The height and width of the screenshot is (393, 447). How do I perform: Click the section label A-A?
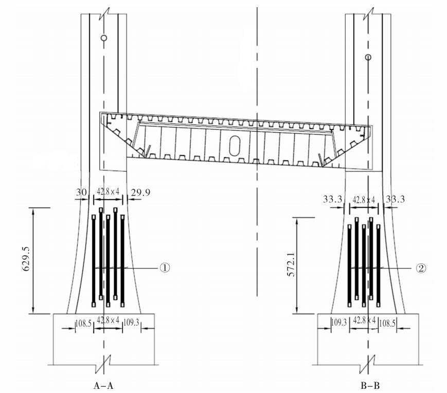coord(103,386)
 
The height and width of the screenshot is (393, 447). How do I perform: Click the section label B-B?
coord(370,386)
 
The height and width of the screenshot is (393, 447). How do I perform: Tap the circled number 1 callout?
coord(165,268)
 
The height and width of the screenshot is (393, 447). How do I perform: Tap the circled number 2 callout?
coord(421,268)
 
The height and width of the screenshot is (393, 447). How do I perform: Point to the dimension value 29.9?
coord(140,193)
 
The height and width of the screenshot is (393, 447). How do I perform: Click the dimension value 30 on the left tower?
coord(81,192)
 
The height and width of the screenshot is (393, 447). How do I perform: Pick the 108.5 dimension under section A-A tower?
coord(83,323)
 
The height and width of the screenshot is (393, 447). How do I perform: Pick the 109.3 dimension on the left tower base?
coord(131,323)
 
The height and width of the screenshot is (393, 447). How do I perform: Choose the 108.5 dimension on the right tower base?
coord(387,323)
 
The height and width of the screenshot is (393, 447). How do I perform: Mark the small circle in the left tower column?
coord(104,38)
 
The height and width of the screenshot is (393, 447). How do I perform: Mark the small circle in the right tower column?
coord(368,57)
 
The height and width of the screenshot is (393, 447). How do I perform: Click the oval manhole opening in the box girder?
coord(235,146)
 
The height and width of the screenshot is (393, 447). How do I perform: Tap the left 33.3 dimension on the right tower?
coord(332,199)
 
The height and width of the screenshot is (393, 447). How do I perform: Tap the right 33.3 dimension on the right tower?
coord(395,199)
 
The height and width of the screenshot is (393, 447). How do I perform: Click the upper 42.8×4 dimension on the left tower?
coord(108,192)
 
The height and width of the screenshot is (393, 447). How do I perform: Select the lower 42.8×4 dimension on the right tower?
coord(364,320)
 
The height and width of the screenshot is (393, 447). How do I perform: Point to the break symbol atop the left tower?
coord(104,14)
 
